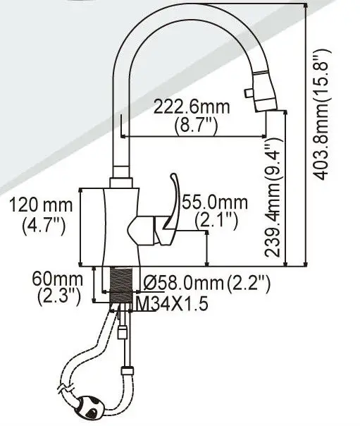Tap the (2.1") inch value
214,220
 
